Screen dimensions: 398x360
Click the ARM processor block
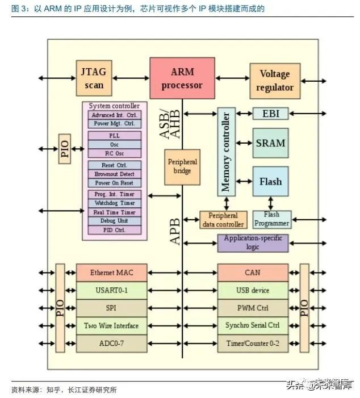(182, 78)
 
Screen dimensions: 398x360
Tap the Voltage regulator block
(275, 81)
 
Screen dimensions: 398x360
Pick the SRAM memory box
(270, 143)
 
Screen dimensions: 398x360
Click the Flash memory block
(270, 182)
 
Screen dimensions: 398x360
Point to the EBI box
(270, 114)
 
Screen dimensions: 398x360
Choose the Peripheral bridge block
(182, 167)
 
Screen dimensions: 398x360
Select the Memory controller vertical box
(226, 152)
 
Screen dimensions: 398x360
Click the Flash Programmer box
(271, 219)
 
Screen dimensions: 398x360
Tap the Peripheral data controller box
(223, 220)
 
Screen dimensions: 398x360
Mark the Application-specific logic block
(253, 242)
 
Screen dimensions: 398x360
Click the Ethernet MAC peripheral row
(111, 273)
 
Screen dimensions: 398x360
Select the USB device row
(253, 290)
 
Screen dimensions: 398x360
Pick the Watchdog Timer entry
(115, 203)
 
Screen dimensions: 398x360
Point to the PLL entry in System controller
(115, 136)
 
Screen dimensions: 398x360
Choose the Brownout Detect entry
(115, 174)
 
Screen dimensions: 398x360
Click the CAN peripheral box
(253, 273)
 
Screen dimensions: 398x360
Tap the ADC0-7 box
(111, 343)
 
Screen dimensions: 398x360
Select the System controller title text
(114, 106)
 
